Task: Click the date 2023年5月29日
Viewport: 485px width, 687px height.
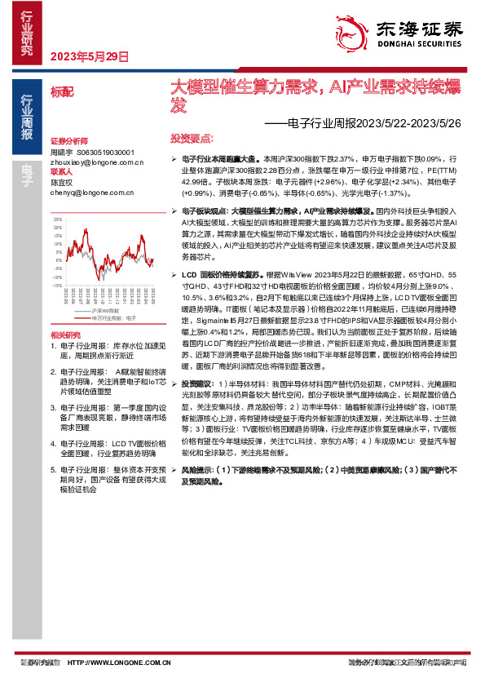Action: [90, 58]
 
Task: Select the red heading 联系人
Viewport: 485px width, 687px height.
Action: [62, 172]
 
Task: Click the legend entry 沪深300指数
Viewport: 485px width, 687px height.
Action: [105, 311]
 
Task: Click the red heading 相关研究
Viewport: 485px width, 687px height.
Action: [66, 335]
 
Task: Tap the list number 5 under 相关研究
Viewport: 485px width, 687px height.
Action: [53, 470]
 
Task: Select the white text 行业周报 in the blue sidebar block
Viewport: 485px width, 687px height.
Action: [27, 123]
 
